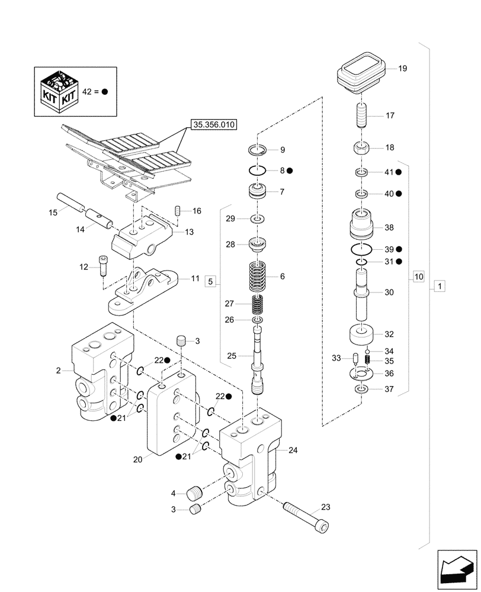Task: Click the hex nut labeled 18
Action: click(361, 147)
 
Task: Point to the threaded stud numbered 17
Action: click(361, 115)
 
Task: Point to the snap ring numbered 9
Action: click(261, 150)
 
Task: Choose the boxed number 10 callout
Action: click(418, 276)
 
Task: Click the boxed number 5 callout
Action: click(211, 282)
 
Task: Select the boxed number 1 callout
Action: click(438, 287)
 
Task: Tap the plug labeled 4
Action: click(194, 492)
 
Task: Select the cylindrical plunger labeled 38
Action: click(361, 226)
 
